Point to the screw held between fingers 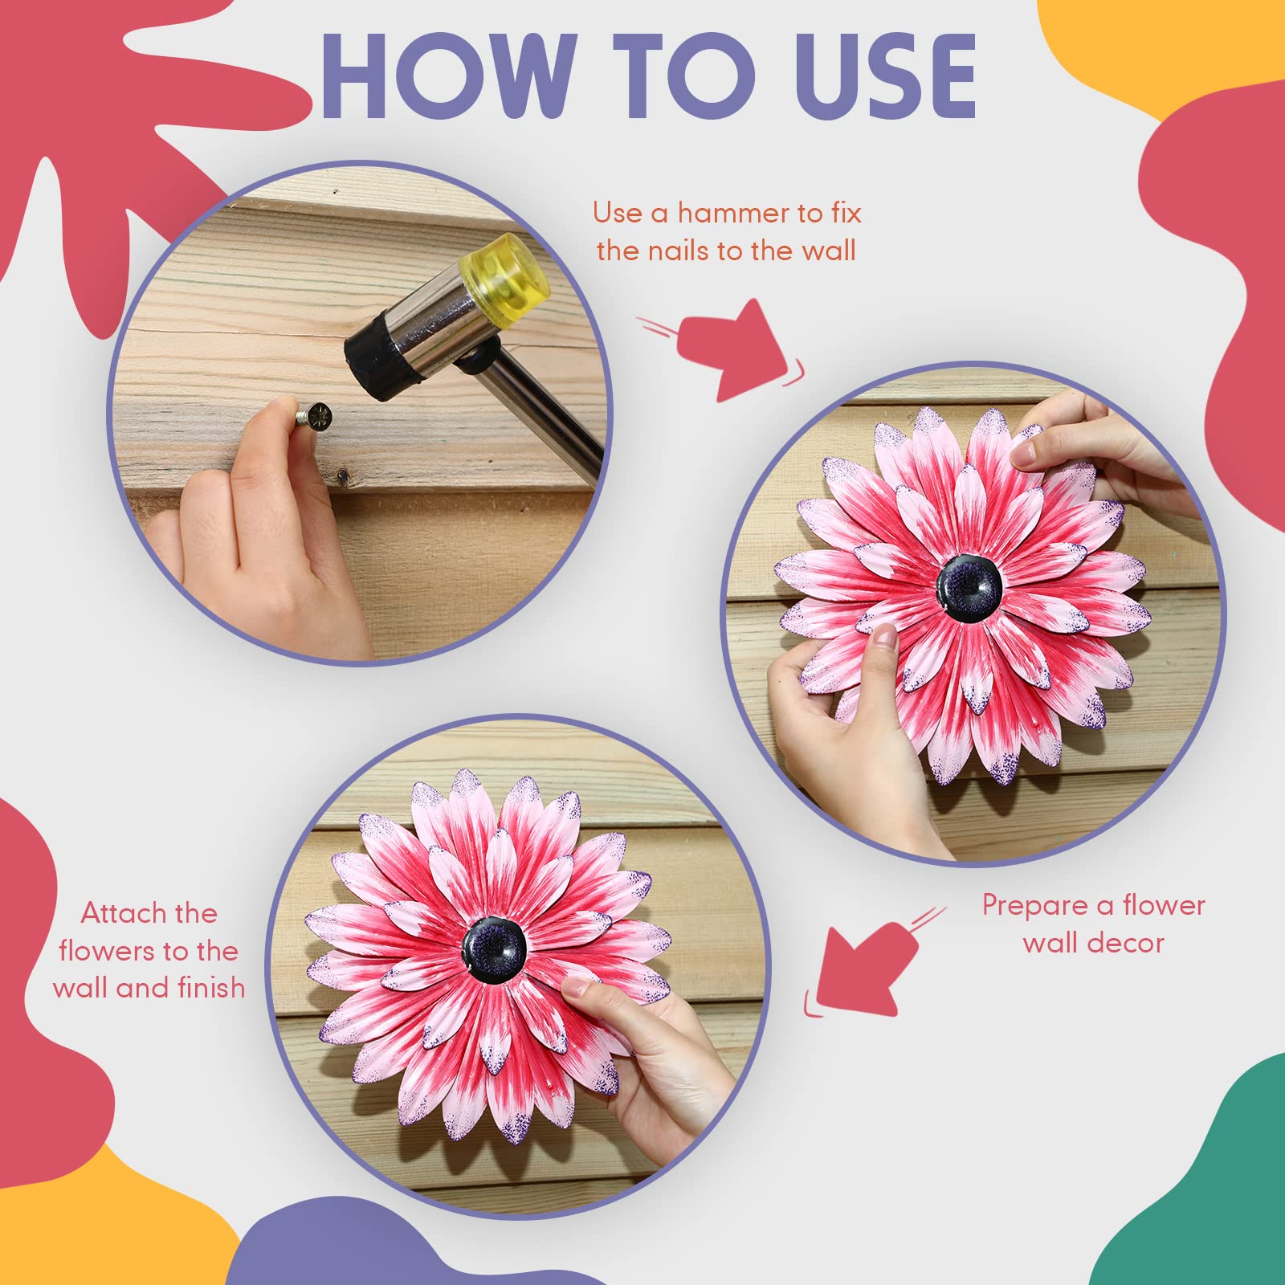(x=312, y=416)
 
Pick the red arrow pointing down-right (x=731, y=349)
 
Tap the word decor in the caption (x=1125, y=944)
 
